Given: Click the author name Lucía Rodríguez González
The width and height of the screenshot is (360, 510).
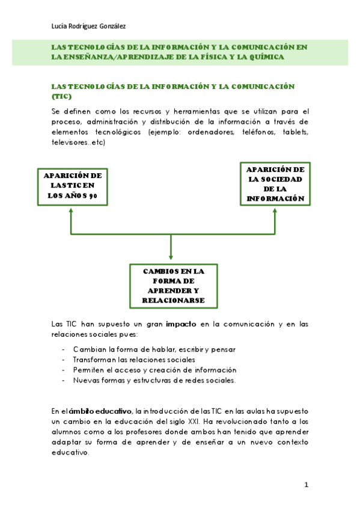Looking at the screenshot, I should click(89, 26).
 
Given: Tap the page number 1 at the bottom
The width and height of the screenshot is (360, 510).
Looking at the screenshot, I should click(306, 485).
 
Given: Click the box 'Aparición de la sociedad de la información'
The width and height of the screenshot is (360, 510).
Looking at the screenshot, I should click(275, 183).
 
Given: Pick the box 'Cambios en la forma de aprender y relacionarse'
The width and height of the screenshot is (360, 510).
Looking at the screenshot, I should click(174, 286).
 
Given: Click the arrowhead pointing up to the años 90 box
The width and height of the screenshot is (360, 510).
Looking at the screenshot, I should click(71, 210).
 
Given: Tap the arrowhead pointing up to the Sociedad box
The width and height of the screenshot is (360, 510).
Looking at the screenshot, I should click(275, 210).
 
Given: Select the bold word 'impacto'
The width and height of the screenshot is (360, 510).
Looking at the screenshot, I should click(181, 324).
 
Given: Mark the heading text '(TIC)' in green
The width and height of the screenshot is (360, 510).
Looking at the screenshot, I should click(61, 96).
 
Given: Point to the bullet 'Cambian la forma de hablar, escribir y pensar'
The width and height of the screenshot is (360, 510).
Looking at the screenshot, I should click(154, 349).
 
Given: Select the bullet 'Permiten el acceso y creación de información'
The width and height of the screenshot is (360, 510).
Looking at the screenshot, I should click(154, 370).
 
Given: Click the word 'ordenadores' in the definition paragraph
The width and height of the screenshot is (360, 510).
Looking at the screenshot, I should click(215, 132).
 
